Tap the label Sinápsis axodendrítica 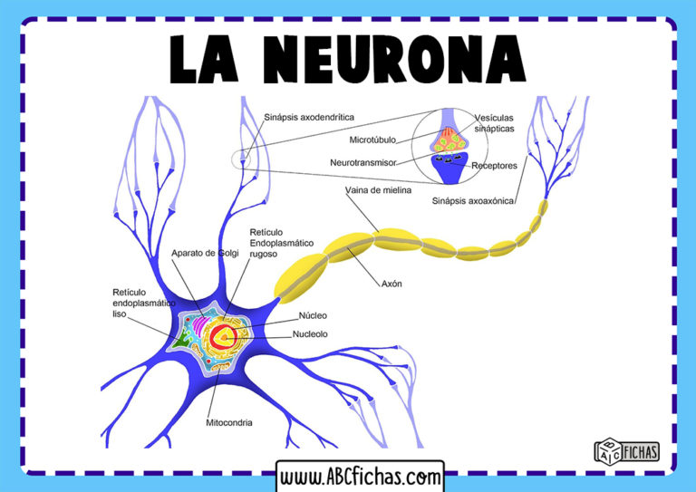click(x=308, y=117)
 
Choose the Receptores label click(x=494, y=166)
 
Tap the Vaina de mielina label click(x=378, y=190)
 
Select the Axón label click(x=392, y=284)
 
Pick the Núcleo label click(x=312, y=315)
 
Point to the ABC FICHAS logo click(x=626, y=450)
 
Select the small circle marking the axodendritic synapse click(x=241, y=160)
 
